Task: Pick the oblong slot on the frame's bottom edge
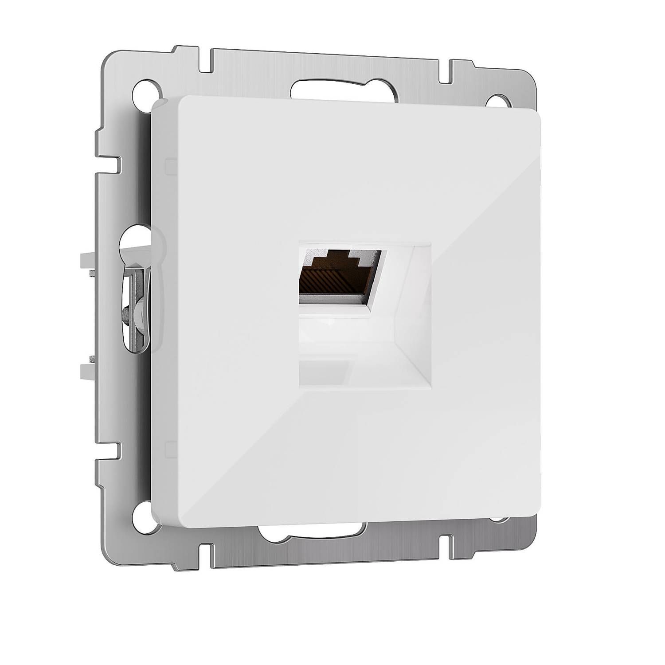click(313, 534)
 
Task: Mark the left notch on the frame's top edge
click(205, 60)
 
